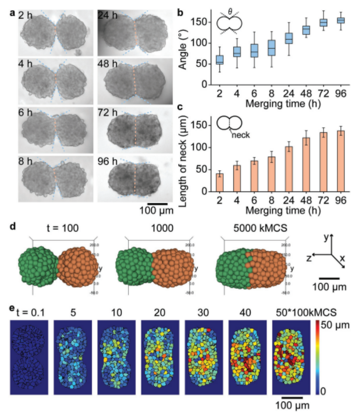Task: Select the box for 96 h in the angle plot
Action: (x=340, y=20)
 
